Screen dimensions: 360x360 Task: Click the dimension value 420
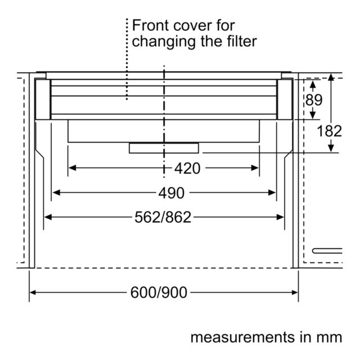187,168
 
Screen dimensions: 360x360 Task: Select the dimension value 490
171,193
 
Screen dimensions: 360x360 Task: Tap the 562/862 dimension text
163,217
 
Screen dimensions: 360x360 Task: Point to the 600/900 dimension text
159,292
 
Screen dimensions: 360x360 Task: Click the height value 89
314,100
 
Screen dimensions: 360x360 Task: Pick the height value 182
329,131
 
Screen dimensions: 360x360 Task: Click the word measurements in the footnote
242,337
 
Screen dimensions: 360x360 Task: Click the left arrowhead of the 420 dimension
73,168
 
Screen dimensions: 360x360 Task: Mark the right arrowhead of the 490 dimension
272,192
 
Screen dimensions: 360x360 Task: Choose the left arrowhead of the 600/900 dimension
33,292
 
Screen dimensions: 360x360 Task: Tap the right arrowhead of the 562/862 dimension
280,217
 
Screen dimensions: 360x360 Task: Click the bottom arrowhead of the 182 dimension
331,148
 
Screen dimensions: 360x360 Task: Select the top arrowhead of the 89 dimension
313,84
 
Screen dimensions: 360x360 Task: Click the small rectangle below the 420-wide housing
164,148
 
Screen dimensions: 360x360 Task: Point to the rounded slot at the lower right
327,251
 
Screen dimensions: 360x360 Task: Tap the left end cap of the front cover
43,99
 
